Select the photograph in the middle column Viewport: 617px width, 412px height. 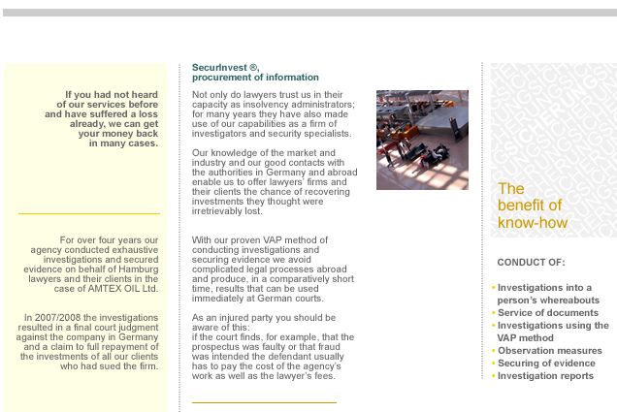(422, 140)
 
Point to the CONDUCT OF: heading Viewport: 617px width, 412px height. (531, 263)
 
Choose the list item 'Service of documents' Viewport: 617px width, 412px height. (547, 313)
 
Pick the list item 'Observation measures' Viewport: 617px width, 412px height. (549, 350)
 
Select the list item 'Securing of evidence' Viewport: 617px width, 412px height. (546, 363)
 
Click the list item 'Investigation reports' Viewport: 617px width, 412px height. (545, 375)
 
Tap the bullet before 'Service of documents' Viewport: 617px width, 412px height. (493, 313)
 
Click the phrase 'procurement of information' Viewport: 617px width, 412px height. (255, 77)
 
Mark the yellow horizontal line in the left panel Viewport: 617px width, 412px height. (88, 213)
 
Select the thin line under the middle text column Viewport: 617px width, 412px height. (264, 401)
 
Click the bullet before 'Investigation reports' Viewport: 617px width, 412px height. (493, 375)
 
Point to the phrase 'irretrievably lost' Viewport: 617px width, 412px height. (227, 210)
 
